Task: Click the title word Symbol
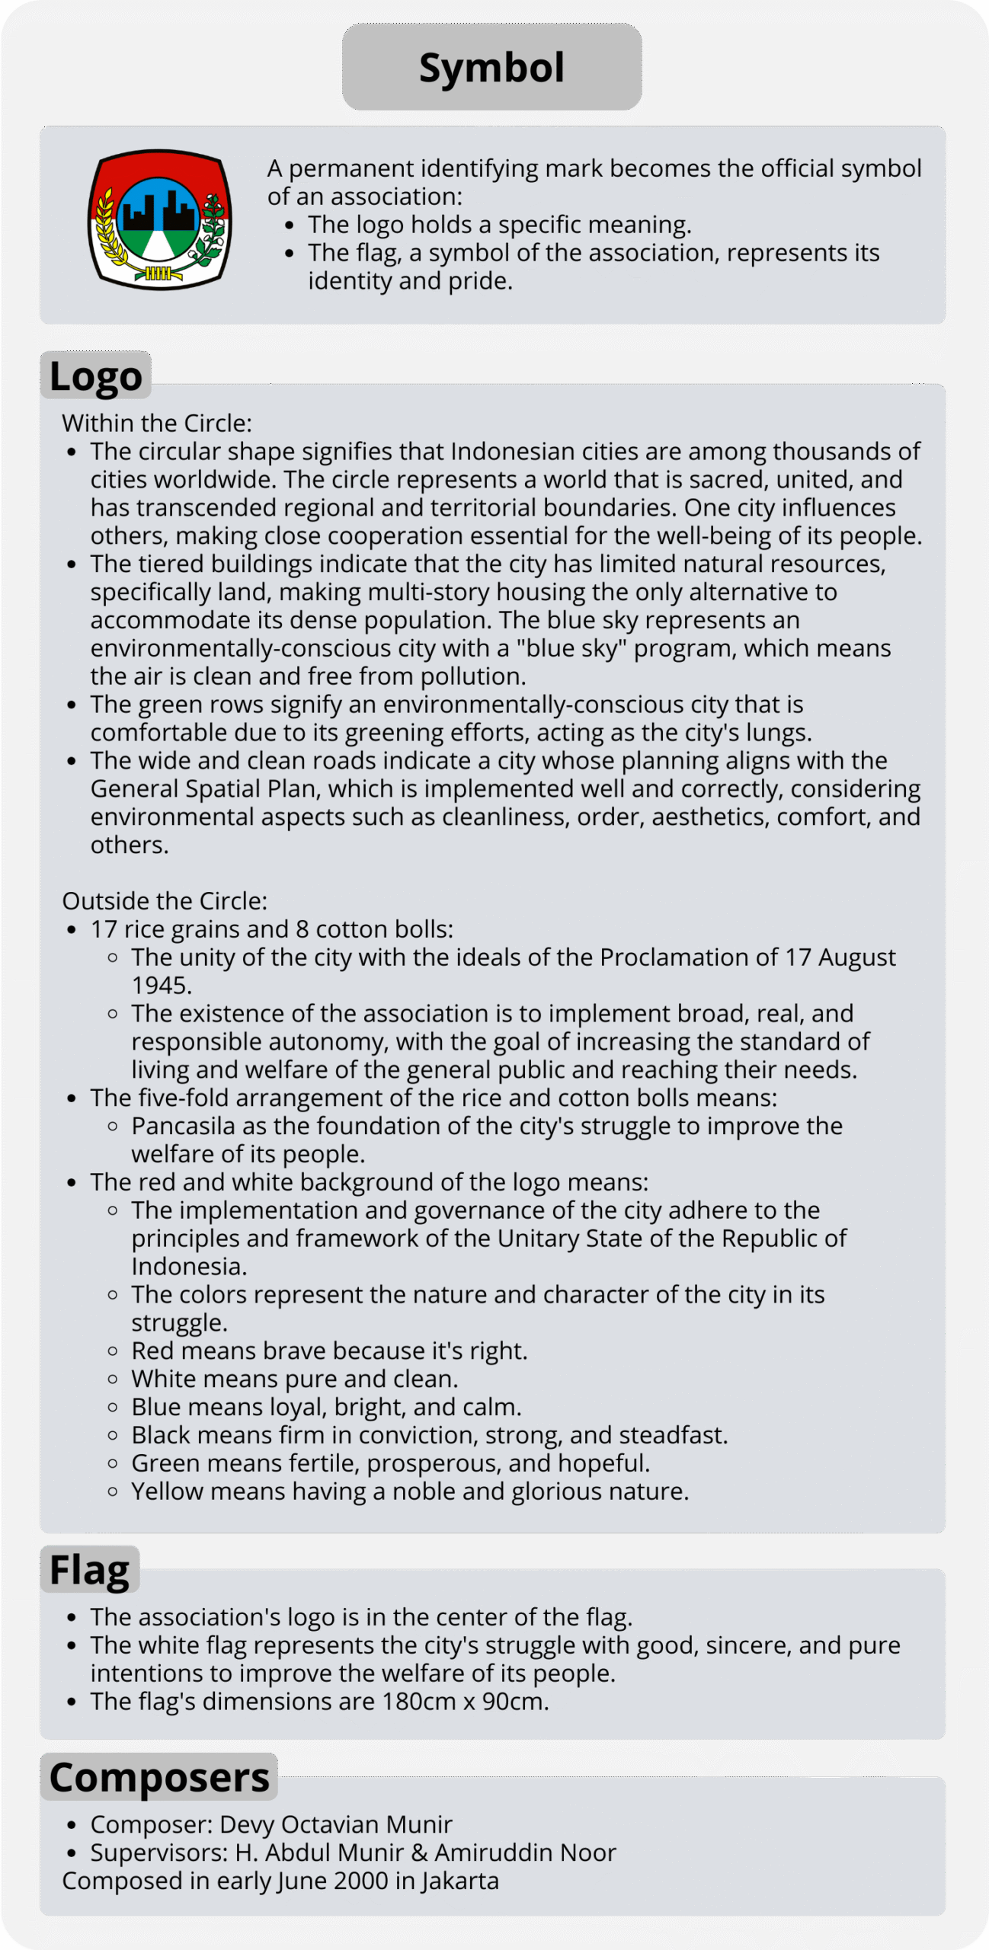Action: [491, 68]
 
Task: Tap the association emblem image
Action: [159, 219]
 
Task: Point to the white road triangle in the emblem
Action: [159, 247]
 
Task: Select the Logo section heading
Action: [96, 376]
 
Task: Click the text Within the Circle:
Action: [157, 424]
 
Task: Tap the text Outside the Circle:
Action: [165, 901]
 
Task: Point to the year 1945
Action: [160, 986]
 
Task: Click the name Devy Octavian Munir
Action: [335, 1825]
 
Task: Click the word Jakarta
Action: [460, 1881]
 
